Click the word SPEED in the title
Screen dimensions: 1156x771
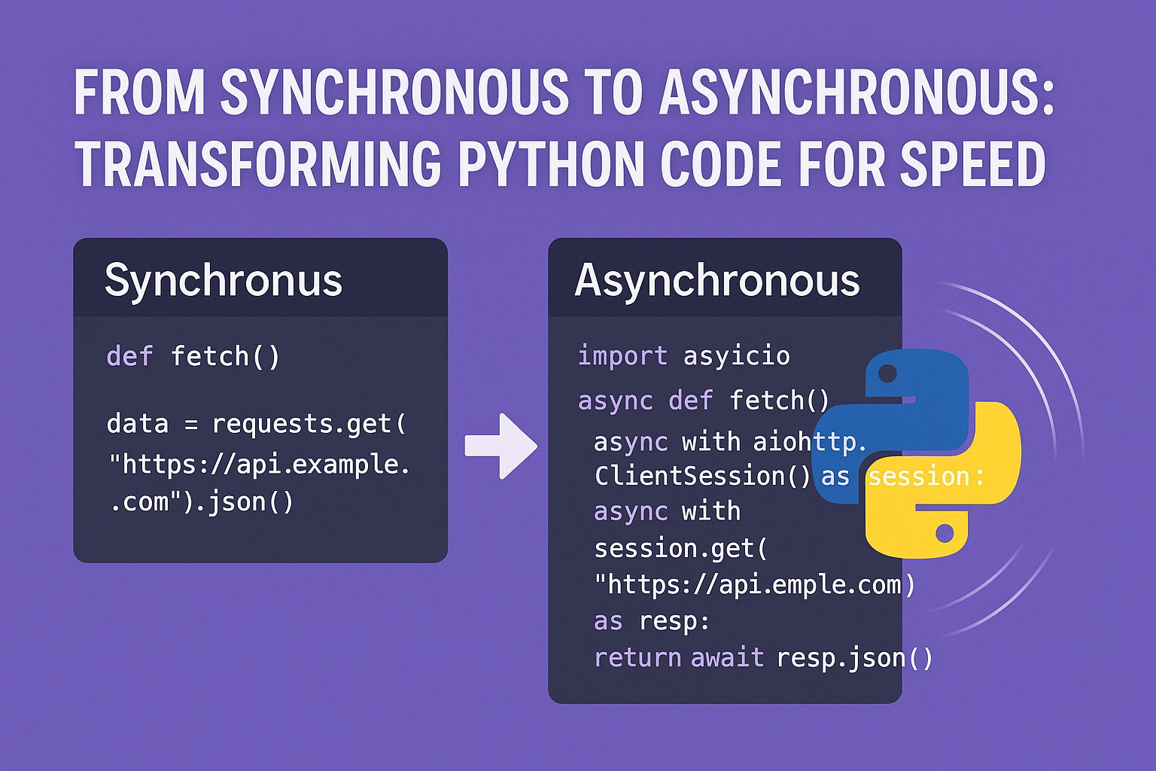pyautogui.click(x=973, y=163)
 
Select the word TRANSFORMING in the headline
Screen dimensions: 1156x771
pyautogui.click(x=258, y=163)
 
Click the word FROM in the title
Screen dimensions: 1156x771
pyautogui.click(x=140, y=91)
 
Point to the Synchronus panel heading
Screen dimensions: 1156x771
pyautogui.click(x=224, y=280)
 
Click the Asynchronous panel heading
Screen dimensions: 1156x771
pyautogui.click(x=717, y=280)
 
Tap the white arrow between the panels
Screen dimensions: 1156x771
pyautogui.click(x=501, y=446)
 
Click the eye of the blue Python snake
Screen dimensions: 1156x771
pyautogui.click(x=887, y=373)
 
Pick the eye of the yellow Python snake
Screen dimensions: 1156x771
pyautogui.click(x=945, y=534)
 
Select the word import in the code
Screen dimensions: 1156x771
pyautogui.click(x=622, y=355)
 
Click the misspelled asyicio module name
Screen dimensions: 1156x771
pyautogui.click(x=737, y=356)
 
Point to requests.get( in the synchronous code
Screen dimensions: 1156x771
pyautogui.click(x=309, y=425)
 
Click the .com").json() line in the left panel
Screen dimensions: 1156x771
pyautogui.click(x=202, y=502)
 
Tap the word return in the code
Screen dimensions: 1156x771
pyautogui.click(x=638, y=658)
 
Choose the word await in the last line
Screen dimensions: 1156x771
pyautogui.click(x=728, y=658)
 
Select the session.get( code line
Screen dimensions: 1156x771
pyautogui.click(x=681, y=548)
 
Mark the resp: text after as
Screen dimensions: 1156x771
pyautogui.click(x=674, y=622)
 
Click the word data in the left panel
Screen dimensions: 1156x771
pyautogui.click(x=138, y=423)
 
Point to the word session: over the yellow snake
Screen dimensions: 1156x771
pyautogui.click(x=926, y=476)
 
